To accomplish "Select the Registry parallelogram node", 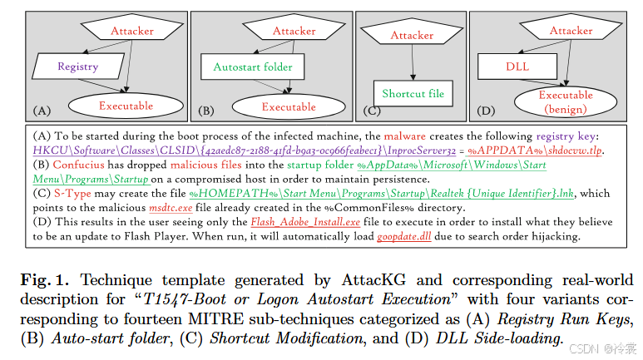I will point(77,66).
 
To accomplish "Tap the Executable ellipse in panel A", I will point(126,106).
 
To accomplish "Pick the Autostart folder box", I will point(248,67).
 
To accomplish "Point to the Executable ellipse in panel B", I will point(288,107).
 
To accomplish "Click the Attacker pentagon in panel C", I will point(412,35).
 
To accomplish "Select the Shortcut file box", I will point(413,94).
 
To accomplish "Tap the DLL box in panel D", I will point(507,67).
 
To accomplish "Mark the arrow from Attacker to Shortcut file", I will point(412,64).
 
